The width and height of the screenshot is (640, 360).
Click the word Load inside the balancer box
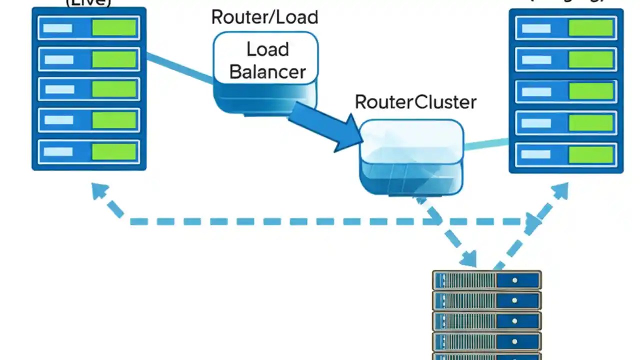point(267,49)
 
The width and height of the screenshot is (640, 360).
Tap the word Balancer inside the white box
point(267,71)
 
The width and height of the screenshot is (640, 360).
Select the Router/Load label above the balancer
point(264,17)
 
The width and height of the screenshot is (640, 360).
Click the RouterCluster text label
point(415,102)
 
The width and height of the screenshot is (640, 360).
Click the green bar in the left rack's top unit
point(114,28)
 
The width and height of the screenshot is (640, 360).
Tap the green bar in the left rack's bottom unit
point(114,151)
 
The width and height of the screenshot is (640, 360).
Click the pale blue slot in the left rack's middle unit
point(59,89)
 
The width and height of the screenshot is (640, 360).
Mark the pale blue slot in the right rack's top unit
point(536,28)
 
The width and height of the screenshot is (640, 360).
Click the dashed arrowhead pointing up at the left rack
point(100,191)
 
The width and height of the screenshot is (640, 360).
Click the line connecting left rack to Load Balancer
point(180,69)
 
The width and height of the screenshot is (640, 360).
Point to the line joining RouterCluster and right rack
point(486,144)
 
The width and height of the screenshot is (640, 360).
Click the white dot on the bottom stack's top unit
point(514,280)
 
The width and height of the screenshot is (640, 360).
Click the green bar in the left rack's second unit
point(114,59)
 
